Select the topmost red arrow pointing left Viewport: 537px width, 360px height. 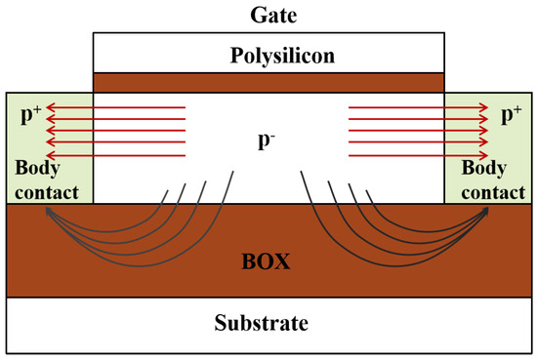tap(117, 107)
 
